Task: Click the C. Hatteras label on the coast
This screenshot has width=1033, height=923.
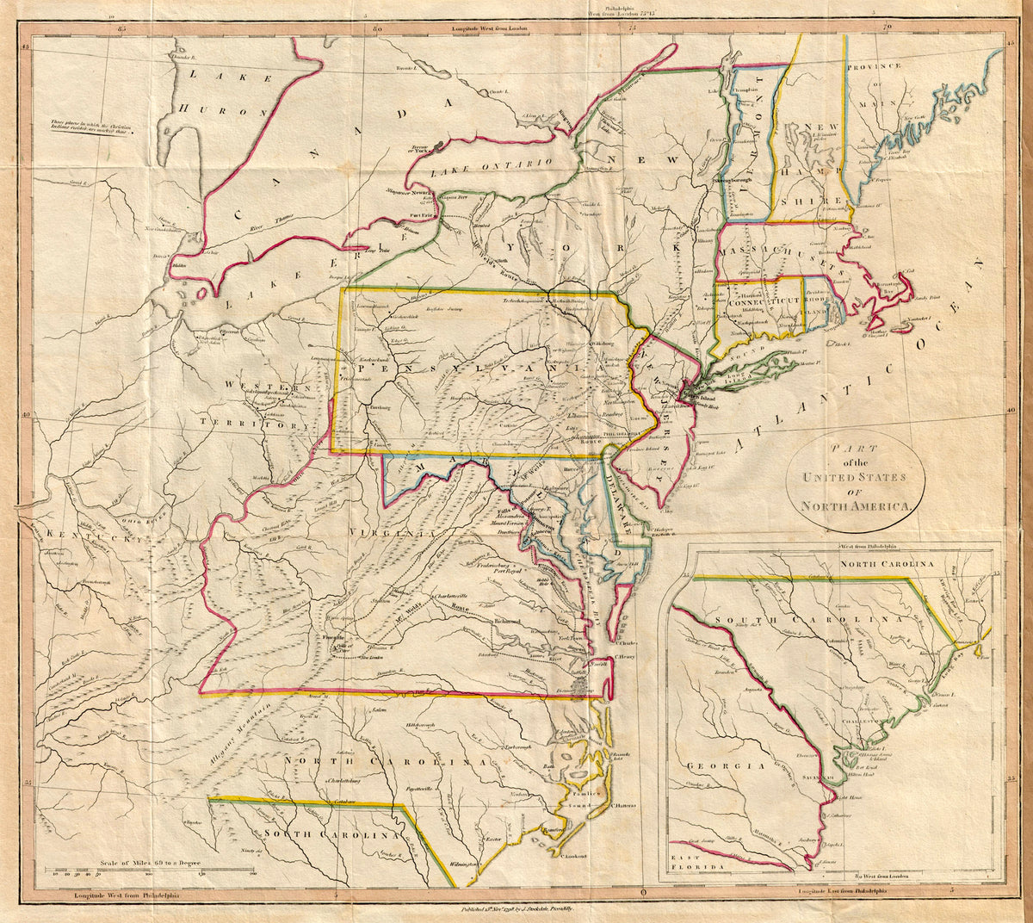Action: (x=623, y=806)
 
